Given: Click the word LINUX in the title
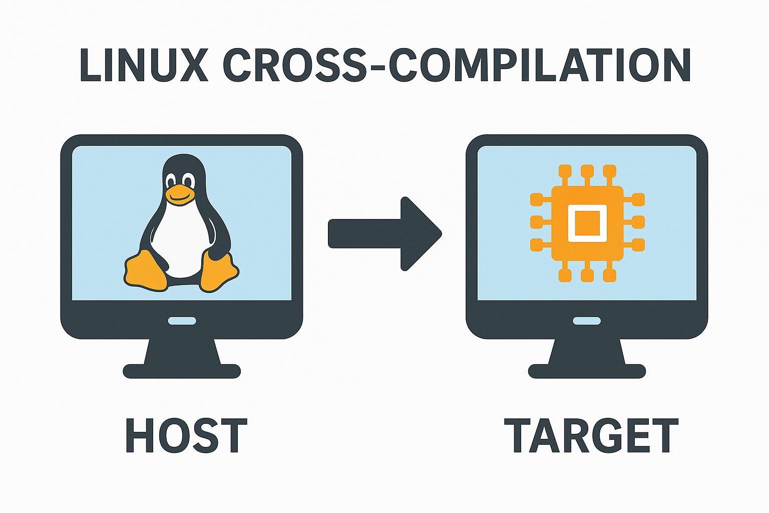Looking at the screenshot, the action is tap(144, 66).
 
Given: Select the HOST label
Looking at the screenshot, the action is tap(186, 435).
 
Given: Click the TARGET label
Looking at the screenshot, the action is tap(591, 435).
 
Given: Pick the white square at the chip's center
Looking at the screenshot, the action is tap(587, 223).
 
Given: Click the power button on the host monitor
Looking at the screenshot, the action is tap(182, 321).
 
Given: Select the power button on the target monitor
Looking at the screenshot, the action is tap(587, 321).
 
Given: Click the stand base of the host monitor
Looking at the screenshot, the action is tap(182, 371).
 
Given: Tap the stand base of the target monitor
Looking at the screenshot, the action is tap(587, 371).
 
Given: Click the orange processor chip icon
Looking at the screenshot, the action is tap(587, 223).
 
